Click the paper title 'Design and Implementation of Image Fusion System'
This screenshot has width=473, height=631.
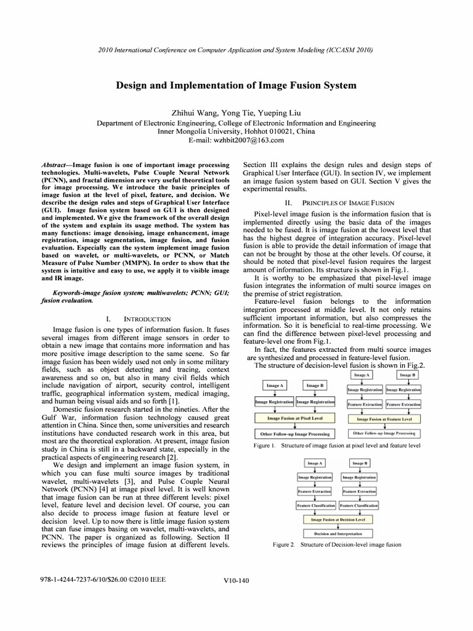point(236,85)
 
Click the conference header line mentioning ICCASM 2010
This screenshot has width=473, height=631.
point(236,49)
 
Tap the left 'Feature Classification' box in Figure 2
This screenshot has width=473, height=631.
point(316,505)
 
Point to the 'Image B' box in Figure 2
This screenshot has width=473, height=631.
point(360,463)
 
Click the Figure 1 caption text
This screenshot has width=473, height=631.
point(338,445)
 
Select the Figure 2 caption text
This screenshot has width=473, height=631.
point(338,545)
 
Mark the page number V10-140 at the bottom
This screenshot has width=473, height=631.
point(236,580)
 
